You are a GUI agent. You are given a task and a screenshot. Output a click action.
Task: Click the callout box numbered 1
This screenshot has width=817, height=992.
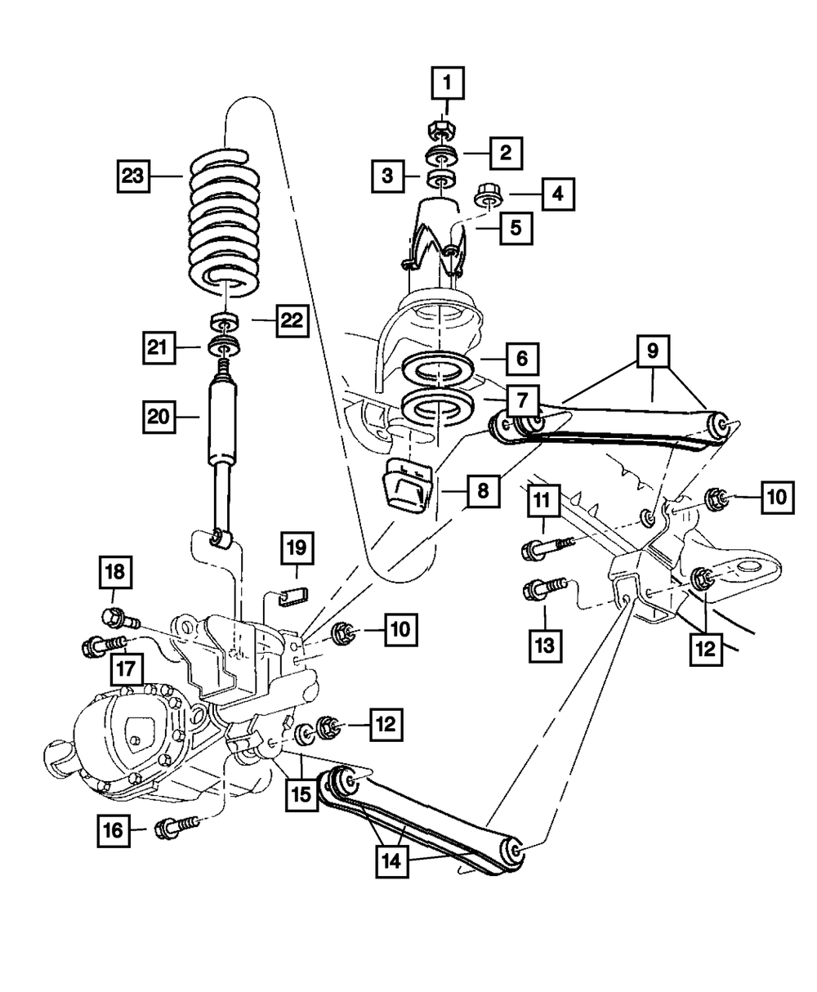[448, 83]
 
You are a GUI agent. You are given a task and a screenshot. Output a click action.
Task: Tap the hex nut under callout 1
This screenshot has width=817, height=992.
[442, 129]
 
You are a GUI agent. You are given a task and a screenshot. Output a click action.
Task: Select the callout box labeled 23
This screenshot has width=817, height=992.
[133, 177]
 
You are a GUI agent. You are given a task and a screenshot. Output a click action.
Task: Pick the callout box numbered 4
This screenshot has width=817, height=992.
[558, 194]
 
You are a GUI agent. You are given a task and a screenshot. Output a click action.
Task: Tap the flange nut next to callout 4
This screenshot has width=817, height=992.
[488, 196]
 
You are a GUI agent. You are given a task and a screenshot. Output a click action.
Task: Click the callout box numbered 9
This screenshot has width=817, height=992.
[653, 351]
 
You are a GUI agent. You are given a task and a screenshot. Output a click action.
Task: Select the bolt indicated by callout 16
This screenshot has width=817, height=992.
[176, 829]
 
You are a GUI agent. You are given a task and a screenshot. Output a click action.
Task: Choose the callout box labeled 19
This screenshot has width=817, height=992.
[297, 547]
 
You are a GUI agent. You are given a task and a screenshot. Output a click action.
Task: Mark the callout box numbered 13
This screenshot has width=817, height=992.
[545, 646]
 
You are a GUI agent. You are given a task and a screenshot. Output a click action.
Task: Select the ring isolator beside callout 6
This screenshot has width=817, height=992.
[437, 369]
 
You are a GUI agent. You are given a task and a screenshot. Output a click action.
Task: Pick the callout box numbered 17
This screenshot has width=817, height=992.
[127, 669]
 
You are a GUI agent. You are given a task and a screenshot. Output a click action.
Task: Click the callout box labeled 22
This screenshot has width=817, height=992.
[292, 320]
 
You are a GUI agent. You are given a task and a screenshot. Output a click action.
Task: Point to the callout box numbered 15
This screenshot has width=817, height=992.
[301, 794]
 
